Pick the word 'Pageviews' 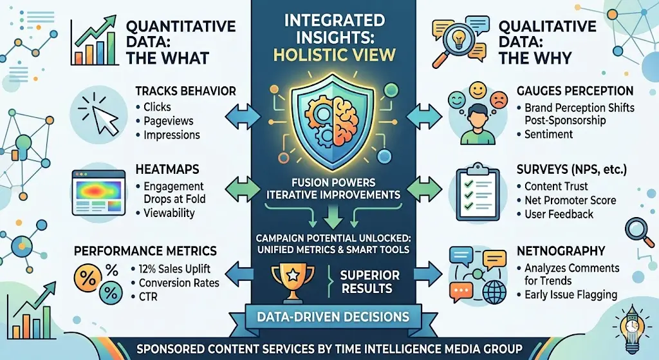169,121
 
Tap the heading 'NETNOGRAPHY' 561,250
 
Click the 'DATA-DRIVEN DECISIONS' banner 329,316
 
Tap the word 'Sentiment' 548,134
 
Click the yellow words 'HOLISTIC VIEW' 329,54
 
